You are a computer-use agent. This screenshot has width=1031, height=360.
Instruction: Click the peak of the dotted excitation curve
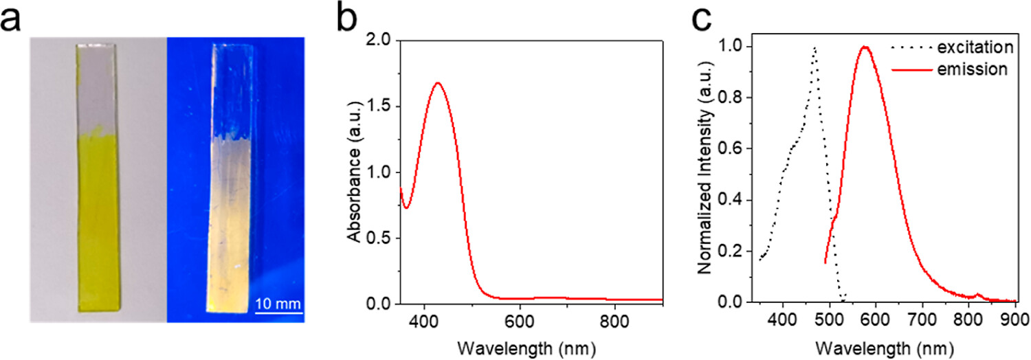814,48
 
